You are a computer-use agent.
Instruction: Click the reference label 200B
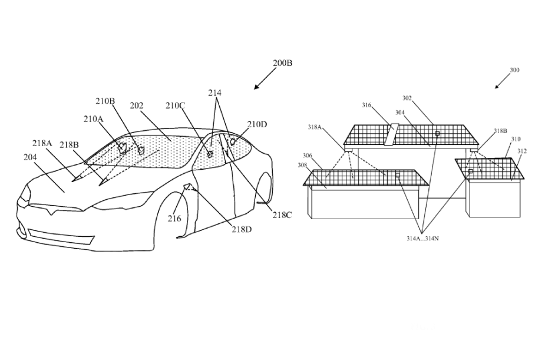(282, 63)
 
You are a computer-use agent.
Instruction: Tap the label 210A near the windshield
(93, 119)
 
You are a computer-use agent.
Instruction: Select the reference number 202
(137, 106)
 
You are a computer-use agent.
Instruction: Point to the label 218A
(42, 143)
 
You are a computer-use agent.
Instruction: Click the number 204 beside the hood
(30, 157)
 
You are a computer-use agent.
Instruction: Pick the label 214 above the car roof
(215, 93)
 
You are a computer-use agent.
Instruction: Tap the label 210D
(257, 124)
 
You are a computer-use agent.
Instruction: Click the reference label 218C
(282, 215)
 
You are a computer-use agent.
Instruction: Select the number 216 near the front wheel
(174, 219)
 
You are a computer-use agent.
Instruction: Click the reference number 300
(514, 70)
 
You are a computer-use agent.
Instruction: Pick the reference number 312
(522, 151)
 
